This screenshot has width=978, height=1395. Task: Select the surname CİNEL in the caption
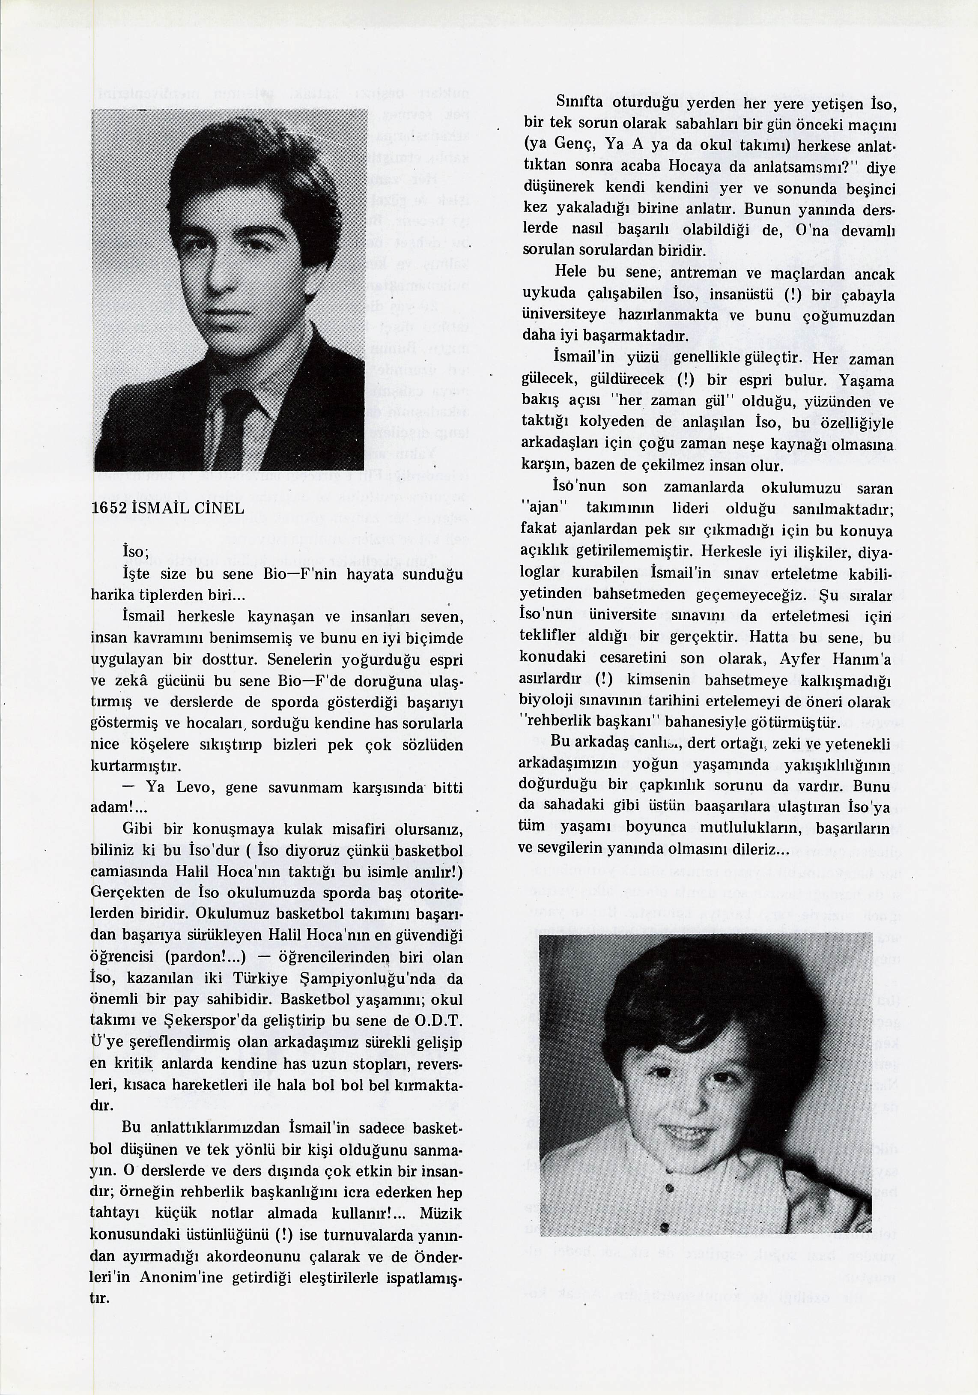click(x=219, y=508)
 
